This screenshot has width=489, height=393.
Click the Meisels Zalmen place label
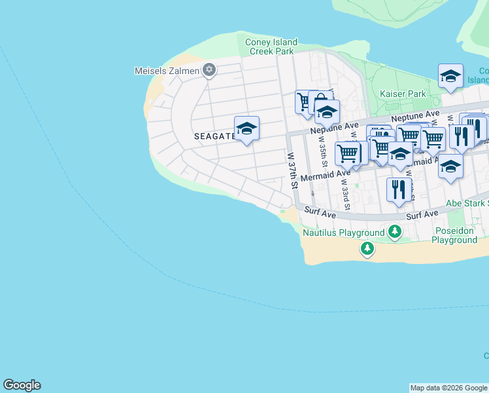(x=166, y=70)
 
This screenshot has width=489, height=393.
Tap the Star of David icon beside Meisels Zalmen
(x=209, y=69)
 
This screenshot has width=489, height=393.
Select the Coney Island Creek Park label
(x=271, y=47)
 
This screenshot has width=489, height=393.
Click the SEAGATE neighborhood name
(x=214, y=136)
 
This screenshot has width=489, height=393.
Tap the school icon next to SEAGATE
(x=246, y=129)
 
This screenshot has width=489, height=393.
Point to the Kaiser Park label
(x=403, y=94)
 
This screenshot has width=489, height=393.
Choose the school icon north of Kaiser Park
(x=450, y=77)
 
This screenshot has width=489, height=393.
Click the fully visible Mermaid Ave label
(x=325, y=175)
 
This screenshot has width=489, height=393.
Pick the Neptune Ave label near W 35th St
(x=335, y=125)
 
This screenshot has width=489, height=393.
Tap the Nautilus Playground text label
(x=343, y=233)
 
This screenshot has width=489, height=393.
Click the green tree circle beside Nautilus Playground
(x=394, y=231)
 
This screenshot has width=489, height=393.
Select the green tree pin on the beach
(x=367, y=248)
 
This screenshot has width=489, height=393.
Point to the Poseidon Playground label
(x=454, y=235)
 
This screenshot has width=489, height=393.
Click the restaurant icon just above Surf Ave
(x=398, y=190)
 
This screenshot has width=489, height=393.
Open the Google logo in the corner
(x=22, y=385)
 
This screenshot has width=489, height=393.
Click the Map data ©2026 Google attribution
(x=448, y=388)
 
